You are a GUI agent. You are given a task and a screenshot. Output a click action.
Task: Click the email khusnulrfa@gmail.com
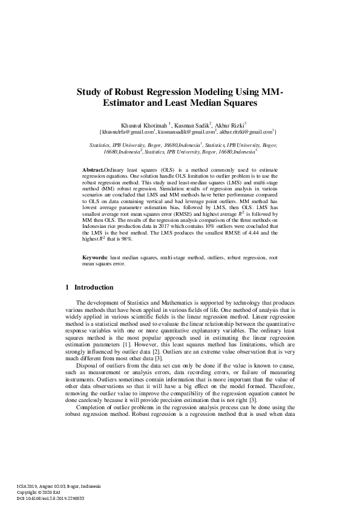tap(128, 131)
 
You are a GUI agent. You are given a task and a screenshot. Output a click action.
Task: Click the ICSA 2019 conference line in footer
tap(59, 485)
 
